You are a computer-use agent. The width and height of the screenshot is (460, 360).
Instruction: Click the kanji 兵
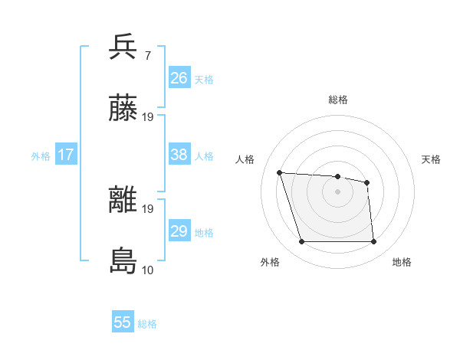coord(123,47)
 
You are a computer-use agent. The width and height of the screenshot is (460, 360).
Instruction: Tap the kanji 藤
coord(123,109)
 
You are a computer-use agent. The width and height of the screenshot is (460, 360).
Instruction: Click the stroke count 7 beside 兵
coord(147,55)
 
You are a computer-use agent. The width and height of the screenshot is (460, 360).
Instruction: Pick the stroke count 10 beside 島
coord(147,270)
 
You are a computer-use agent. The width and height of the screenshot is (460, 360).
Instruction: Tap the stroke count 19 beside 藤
coord(148,116)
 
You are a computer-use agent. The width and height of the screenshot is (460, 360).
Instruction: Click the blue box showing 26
coord(179,78)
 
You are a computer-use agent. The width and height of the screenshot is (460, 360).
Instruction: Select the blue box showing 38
coord(179,155)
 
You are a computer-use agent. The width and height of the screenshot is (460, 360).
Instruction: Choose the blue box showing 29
coord(179,231)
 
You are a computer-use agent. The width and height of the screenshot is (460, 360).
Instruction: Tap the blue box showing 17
coord(66,155)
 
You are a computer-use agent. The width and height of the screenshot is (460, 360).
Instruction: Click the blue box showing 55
coord(123,322)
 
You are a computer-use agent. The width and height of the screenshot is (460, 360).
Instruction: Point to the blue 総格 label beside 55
coord(147,324)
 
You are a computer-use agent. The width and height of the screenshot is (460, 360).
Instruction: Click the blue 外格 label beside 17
coord(41,156)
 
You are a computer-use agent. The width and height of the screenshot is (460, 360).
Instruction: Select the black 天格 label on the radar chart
coord(431,159)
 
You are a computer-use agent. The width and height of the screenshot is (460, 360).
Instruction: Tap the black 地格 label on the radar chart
coord(402,262)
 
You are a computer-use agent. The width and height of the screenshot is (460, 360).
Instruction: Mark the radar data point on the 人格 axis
coord(280,172)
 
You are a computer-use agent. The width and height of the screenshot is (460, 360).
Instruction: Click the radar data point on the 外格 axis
coord(301,242)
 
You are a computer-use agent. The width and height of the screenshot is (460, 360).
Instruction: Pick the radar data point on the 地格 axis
coord(373,242)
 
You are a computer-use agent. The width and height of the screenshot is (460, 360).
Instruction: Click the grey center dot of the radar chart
coord(337,191)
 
